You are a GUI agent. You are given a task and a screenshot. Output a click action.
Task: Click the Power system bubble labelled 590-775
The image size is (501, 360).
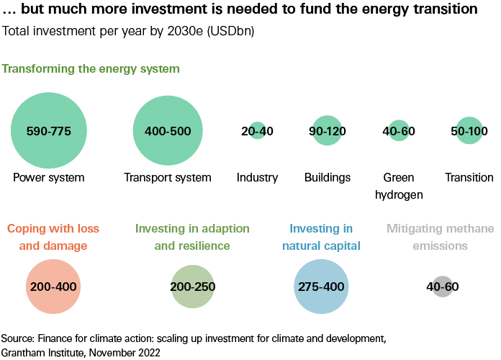click(49, 131)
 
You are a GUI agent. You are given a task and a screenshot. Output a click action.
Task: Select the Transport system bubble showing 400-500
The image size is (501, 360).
click(168, 131)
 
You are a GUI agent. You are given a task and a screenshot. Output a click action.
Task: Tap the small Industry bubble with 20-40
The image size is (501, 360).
click(257, 131)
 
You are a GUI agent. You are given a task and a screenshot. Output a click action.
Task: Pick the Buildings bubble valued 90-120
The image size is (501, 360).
click(327, 131)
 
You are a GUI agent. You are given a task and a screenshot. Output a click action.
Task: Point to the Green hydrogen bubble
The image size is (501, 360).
click(399, 131)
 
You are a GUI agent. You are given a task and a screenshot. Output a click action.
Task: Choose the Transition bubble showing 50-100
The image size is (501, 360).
click(469, 131)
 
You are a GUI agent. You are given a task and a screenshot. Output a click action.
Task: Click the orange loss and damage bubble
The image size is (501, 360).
click(53, 287)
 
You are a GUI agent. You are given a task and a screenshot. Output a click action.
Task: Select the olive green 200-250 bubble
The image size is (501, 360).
click(193, 287)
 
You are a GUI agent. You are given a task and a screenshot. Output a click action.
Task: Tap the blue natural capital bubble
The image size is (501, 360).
click(322, 287)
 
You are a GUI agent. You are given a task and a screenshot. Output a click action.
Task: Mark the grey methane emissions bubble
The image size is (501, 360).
click(443, 287)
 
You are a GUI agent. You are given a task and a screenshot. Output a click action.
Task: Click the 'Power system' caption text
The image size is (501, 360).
click(49, 177)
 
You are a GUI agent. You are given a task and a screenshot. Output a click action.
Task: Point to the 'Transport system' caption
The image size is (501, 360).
click(168, 177)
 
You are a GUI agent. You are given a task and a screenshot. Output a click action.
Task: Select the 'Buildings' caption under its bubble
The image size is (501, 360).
click(328, 177)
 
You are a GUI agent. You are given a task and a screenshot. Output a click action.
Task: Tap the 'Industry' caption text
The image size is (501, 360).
click(257, 177)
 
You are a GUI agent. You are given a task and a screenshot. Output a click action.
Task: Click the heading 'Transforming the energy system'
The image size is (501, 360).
click(91, 68)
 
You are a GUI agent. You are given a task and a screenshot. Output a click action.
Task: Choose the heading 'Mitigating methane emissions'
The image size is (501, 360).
click(440, 237)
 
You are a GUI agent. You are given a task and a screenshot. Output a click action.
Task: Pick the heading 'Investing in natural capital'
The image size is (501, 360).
click(321, 237)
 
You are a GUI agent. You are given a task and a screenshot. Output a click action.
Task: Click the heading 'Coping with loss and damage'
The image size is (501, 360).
click(57, 237)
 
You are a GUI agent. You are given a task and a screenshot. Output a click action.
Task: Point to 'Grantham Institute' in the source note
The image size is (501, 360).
click(43, 352)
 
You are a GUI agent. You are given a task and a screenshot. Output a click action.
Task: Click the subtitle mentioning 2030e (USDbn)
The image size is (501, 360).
click(128, 32)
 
